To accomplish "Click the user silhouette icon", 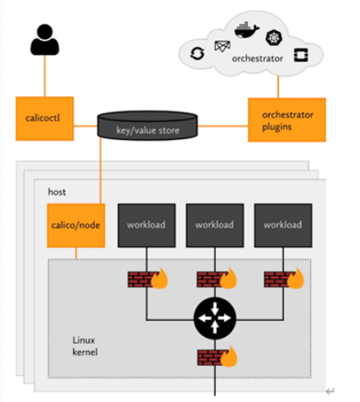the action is click(45, 39).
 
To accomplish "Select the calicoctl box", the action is click(45, 119).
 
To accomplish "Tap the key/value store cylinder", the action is click(147, 125).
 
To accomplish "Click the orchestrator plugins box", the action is click(286, 120).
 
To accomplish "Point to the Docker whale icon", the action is click(246, 29).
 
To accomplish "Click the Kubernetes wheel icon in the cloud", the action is click(274, 38).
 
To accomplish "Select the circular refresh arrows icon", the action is click(197, 53).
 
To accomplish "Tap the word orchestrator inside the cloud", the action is click(258, 58).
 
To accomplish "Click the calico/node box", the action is click(76, 225).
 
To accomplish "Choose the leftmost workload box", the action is click(146, 225).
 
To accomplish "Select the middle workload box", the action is click(215, 225).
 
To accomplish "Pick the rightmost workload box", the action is click(283, 225).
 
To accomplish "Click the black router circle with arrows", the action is click(215, 318).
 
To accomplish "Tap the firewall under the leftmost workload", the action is click(148, 278).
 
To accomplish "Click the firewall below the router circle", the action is click(218, 357).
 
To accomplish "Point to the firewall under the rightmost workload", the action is click(284, 278).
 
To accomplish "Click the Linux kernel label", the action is click(85, 346).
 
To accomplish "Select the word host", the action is click(56, 192).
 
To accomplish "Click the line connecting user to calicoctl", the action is click(45, 76).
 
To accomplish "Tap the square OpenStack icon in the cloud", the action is click(301, 55).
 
